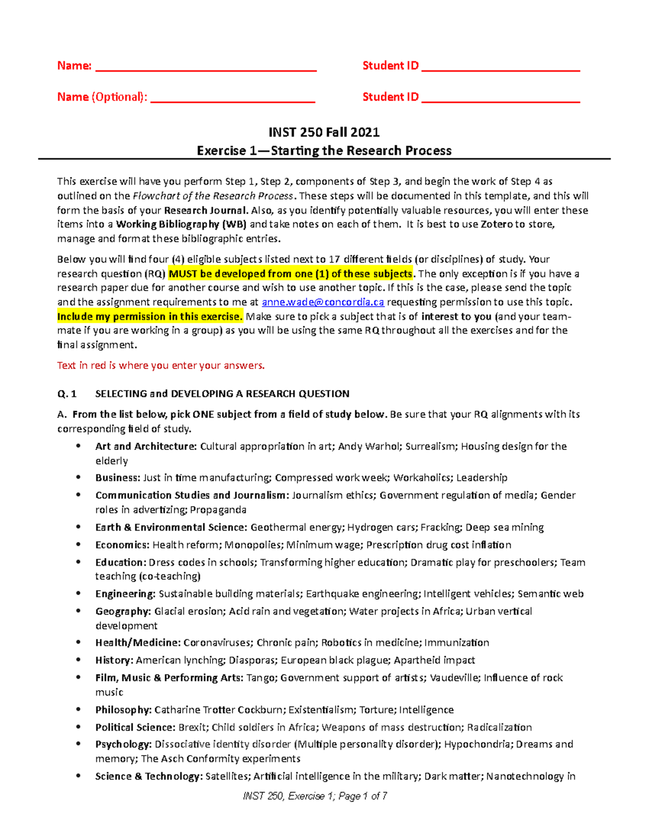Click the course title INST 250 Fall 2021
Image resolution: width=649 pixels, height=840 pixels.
(324, 133)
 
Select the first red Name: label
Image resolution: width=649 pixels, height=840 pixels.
(74, 66)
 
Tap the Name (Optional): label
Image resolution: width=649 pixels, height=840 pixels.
(102, 97)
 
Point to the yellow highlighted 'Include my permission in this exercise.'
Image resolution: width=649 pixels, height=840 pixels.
(150, 316)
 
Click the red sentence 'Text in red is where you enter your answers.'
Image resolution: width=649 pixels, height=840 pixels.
(161, 366)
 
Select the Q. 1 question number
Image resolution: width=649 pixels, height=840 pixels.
(67, 394)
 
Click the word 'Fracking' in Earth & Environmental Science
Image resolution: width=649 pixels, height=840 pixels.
(440, 527)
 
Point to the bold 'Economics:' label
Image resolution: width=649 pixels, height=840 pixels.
(122, 545)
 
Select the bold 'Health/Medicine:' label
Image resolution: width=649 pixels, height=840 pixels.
(137, 643)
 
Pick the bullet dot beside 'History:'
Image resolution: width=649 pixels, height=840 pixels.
(79, 660)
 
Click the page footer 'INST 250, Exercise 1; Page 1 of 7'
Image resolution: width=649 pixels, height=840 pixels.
(315, 796)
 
